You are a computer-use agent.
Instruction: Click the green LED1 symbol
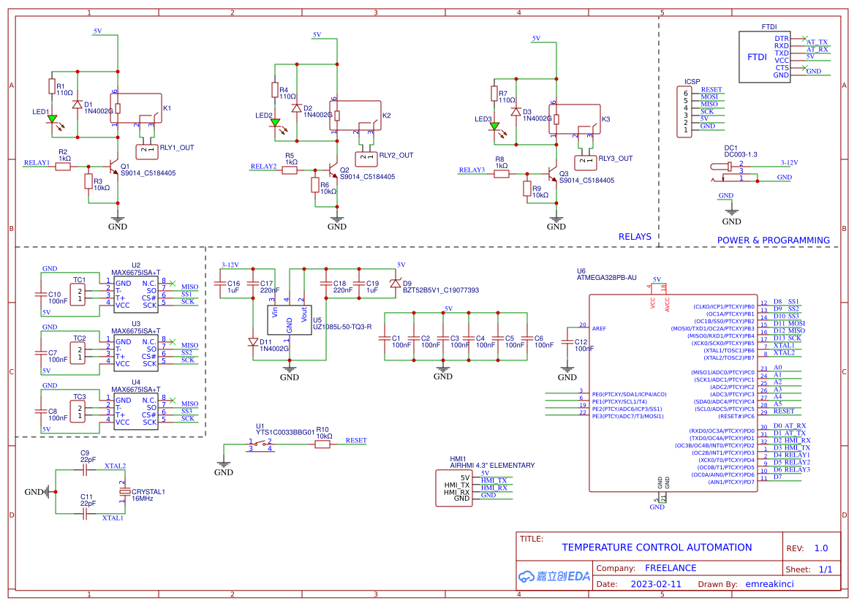tap(52, 118)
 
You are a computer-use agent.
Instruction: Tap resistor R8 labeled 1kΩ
tap(501, 174)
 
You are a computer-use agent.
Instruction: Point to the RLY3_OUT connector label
tap(616, 159)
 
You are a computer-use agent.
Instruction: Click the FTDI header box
tap(766, 56)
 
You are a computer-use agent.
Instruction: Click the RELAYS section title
tap(634, 237)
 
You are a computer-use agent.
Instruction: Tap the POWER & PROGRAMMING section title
tap(773, 240)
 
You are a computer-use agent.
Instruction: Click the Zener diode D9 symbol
tap(396, 283)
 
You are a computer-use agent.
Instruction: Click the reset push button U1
tap(260, 444)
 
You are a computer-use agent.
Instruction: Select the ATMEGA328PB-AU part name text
tap(606, 278)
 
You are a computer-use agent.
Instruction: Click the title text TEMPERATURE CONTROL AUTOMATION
tap(656, 548)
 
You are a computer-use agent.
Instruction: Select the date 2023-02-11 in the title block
tap(655, 584)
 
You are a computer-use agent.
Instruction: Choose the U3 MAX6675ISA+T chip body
tap(135, 353)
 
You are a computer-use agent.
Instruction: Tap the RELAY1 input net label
tap(37, 163)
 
